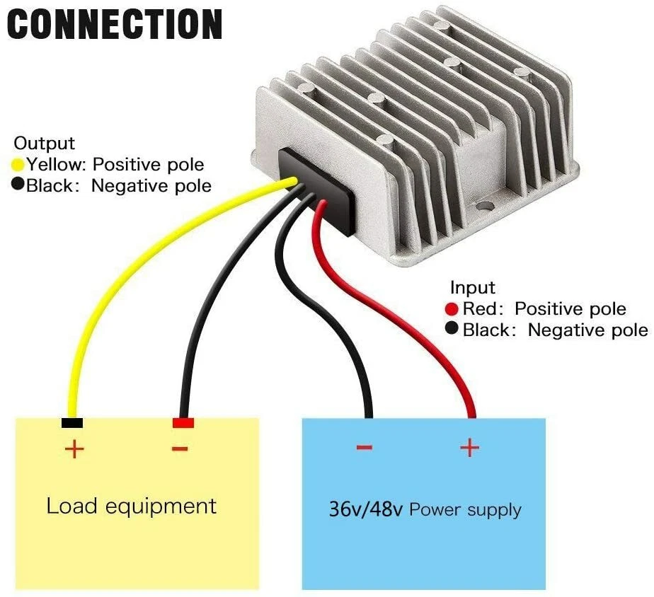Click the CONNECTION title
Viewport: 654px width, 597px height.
[115, 24]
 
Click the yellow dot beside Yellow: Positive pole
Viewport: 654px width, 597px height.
[19, 165]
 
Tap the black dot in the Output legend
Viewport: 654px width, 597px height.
[19, 186]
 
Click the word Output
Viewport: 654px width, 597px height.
[45, 144]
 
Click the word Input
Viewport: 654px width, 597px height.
[473, 288]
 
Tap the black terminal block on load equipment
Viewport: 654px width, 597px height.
[72, 423]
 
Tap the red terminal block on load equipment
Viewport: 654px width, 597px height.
[183, 423]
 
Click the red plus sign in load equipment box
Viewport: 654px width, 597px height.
[74, 448]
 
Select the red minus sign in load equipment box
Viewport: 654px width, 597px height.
[180, 448]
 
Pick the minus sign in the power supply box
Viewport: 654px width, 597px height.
[364, 447]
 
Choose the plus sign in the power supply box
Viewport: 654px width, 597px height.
[469, 447]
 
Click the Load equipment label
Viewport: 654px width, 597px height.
[131, 506]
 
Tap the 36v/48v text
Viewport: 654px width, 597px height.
[365, 509]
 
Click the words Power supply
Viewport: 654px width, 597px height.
[465, 510]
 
